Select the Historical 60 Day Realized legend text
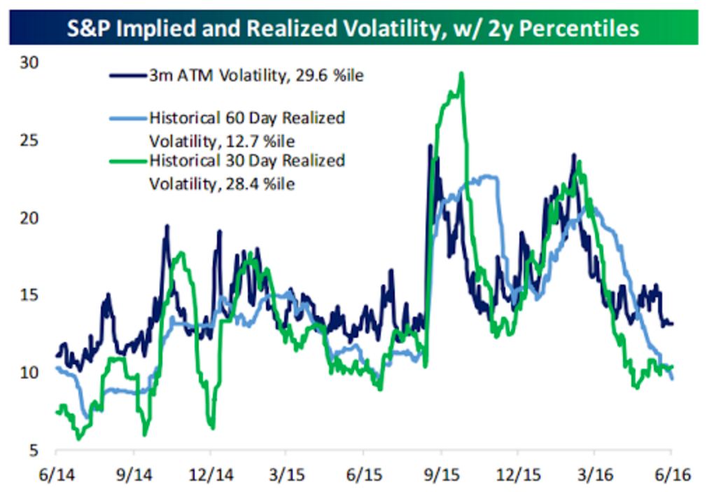247,118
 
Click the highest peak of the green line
461,73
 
